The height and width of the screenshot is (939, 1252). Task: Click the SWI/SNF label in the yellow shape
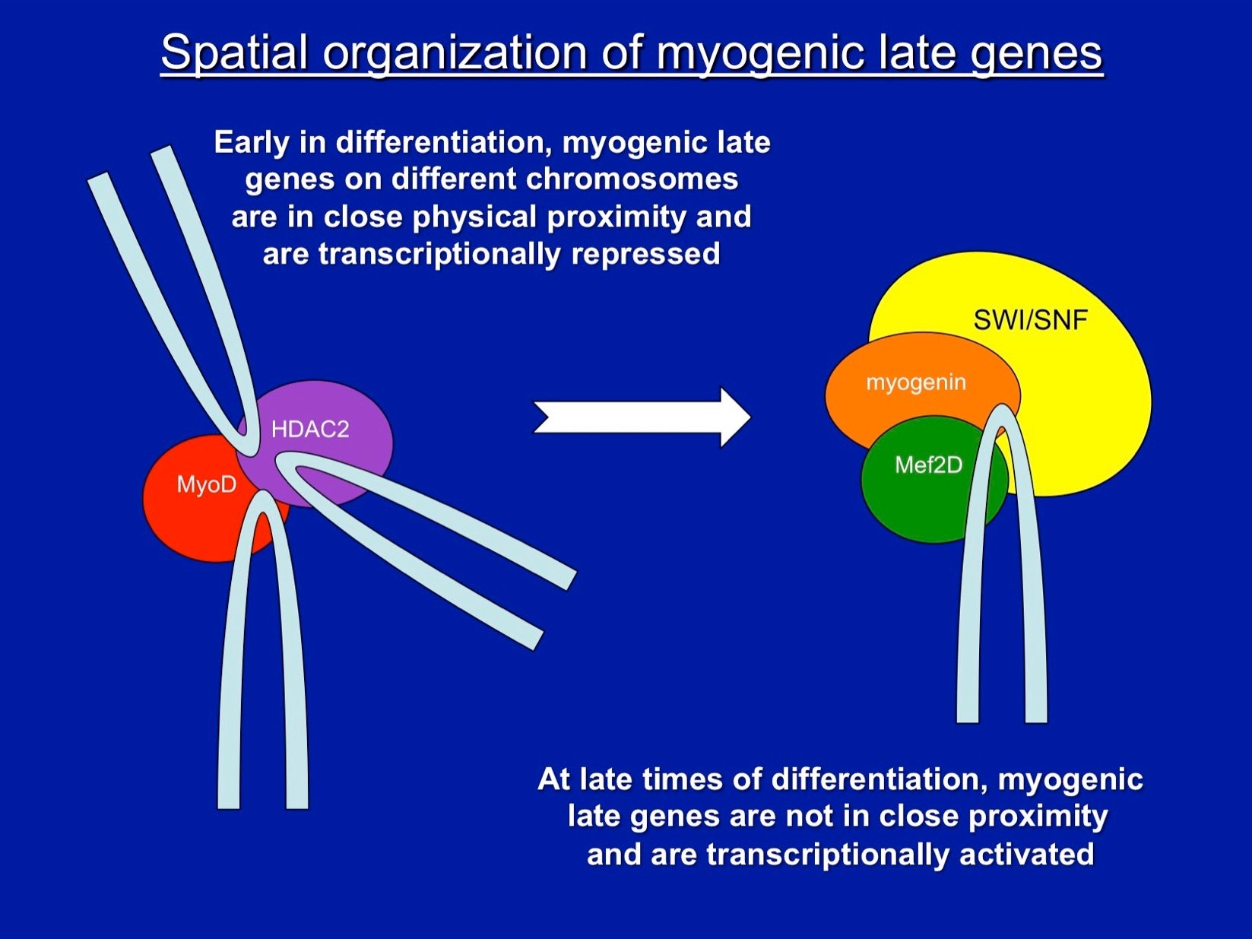(1030, 320)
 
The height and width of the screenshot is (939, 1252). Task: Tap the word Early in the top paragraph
(252, 143)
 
